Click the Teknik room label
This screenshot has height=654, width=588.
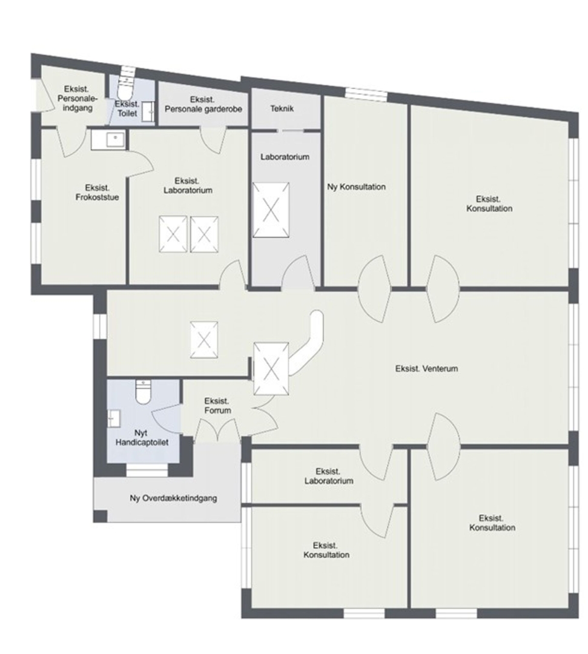(282, 108)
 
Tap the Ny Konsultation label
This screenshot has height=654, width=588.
(356, 187)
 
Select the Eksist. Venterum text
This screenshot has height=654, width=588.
(426, 369)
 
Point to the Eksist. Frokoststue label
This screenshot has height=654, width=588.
(97, 193)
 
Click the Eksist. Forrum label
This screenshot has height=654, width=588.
(217, 406)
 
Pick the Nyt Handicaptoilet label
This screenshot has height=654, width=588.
(142, 438)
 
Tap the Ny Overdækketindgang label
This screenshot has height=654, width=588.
(173, 498)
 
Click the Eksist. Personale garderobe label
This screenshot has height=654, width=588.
(203, 104)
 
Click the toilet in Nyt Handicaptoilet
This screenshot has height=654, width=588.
(143, 392)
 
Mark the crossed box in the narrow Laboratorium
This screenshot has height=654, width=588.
(271, 210)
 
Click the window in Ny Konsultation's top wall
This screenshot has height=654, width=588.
(366, 94)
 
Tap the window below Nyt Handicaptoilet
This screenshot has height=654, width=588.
(147, 471)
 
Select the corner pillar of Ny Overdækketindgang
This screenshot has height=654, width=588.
(100, 517)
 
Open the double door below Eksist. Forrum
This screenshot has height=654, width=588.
(217, 431)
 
